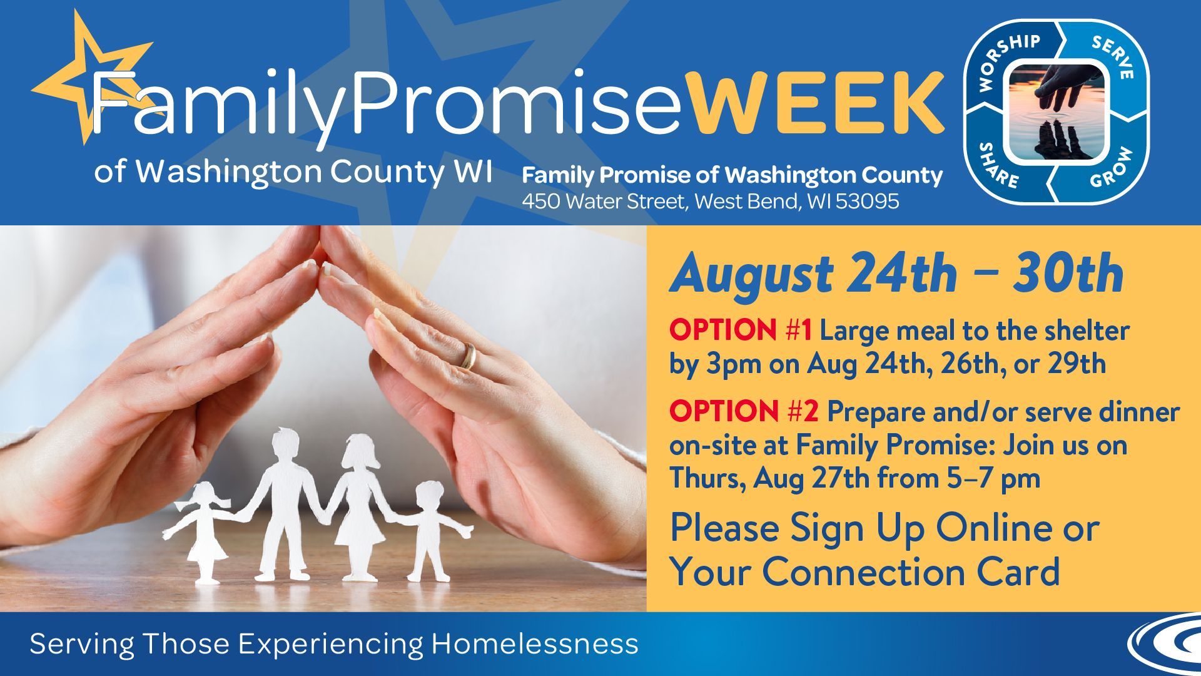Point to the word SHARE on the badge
pyautogui.click(x=999, y=165)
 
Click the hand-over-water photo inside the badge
pyautogui.click(x=1057, y=111)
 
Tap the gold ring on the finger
pyautogui.click(x=468, y=356)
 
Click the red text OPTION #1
pyautogui.click(x=741, y=330)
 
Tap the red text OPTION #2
pyautogui.click(x=744, y=412)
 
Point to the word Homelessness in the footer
pyautogui.click(x=535, y=644)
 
